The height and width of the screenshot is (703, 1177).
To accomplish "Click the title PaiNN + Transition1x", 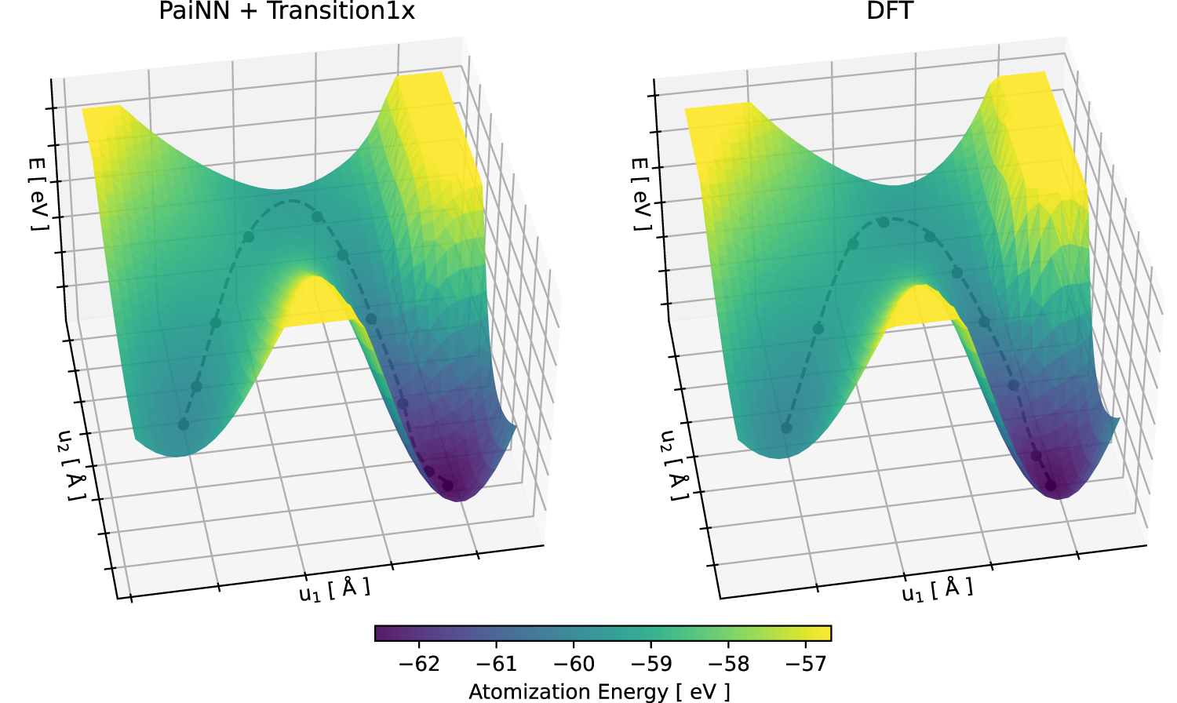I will tap(286, 11).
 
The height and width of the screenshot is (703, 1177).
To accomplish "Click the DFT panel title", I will tap(890, 11).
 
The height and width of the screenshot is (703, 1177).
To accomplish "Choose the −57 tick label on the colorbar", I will tap(805, 664).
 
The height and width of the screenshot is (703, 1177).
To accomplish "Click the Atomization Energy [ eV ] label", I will tap(599, 691).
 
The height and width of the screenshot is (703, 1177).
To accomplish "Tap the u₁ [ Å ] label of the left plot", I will tap(334, 589).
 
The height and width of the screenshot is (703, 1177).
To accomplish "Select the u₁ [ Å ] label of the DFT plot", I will tap(937, 589).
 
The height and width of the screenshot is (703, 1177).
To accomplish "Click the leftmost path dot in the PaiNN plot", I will tap(184, 424).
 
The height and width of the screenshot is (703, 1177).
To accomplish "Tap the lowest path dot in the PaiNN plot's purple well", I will tap(447, 486).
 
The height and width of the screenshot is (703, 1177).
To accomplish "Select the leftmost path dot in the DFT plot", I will tap(786, 428).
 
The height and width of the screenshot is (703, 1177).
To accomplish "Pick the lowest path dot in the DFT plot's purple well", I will tap(1051, 486).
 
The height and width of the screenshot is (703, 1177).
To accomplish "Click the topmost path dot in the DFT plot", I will tap(884, 222).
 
